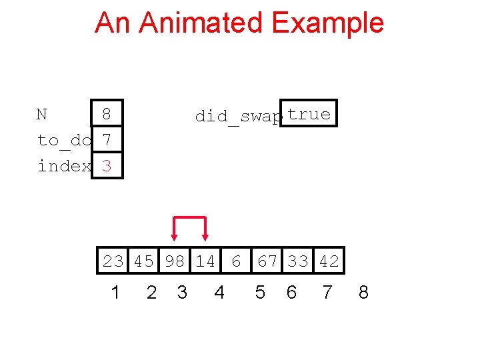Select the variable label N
tap(41, 114)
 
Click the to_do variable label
tap(64, 140)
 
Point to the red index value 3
tap(106, 166)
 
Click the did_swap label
tap(238, 116)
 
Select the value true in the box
tap(309, 114)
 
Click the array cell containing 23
tap(113, 261)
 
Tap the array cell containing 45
tap(143, 261)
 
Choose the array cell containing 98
tap(175, 261)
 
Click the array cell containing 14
tap(205, 261)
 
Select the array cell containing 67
tap(267, 261)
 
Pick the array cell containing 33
tap(298, 261)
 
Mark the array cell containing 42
tap(329, 261)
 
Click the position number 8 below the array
tap(363, 293)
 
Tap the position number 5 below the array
tap(260, 293)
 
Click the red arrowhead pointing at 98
tap(174, 235)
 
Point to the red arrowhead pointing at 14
tap(205, 235)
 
